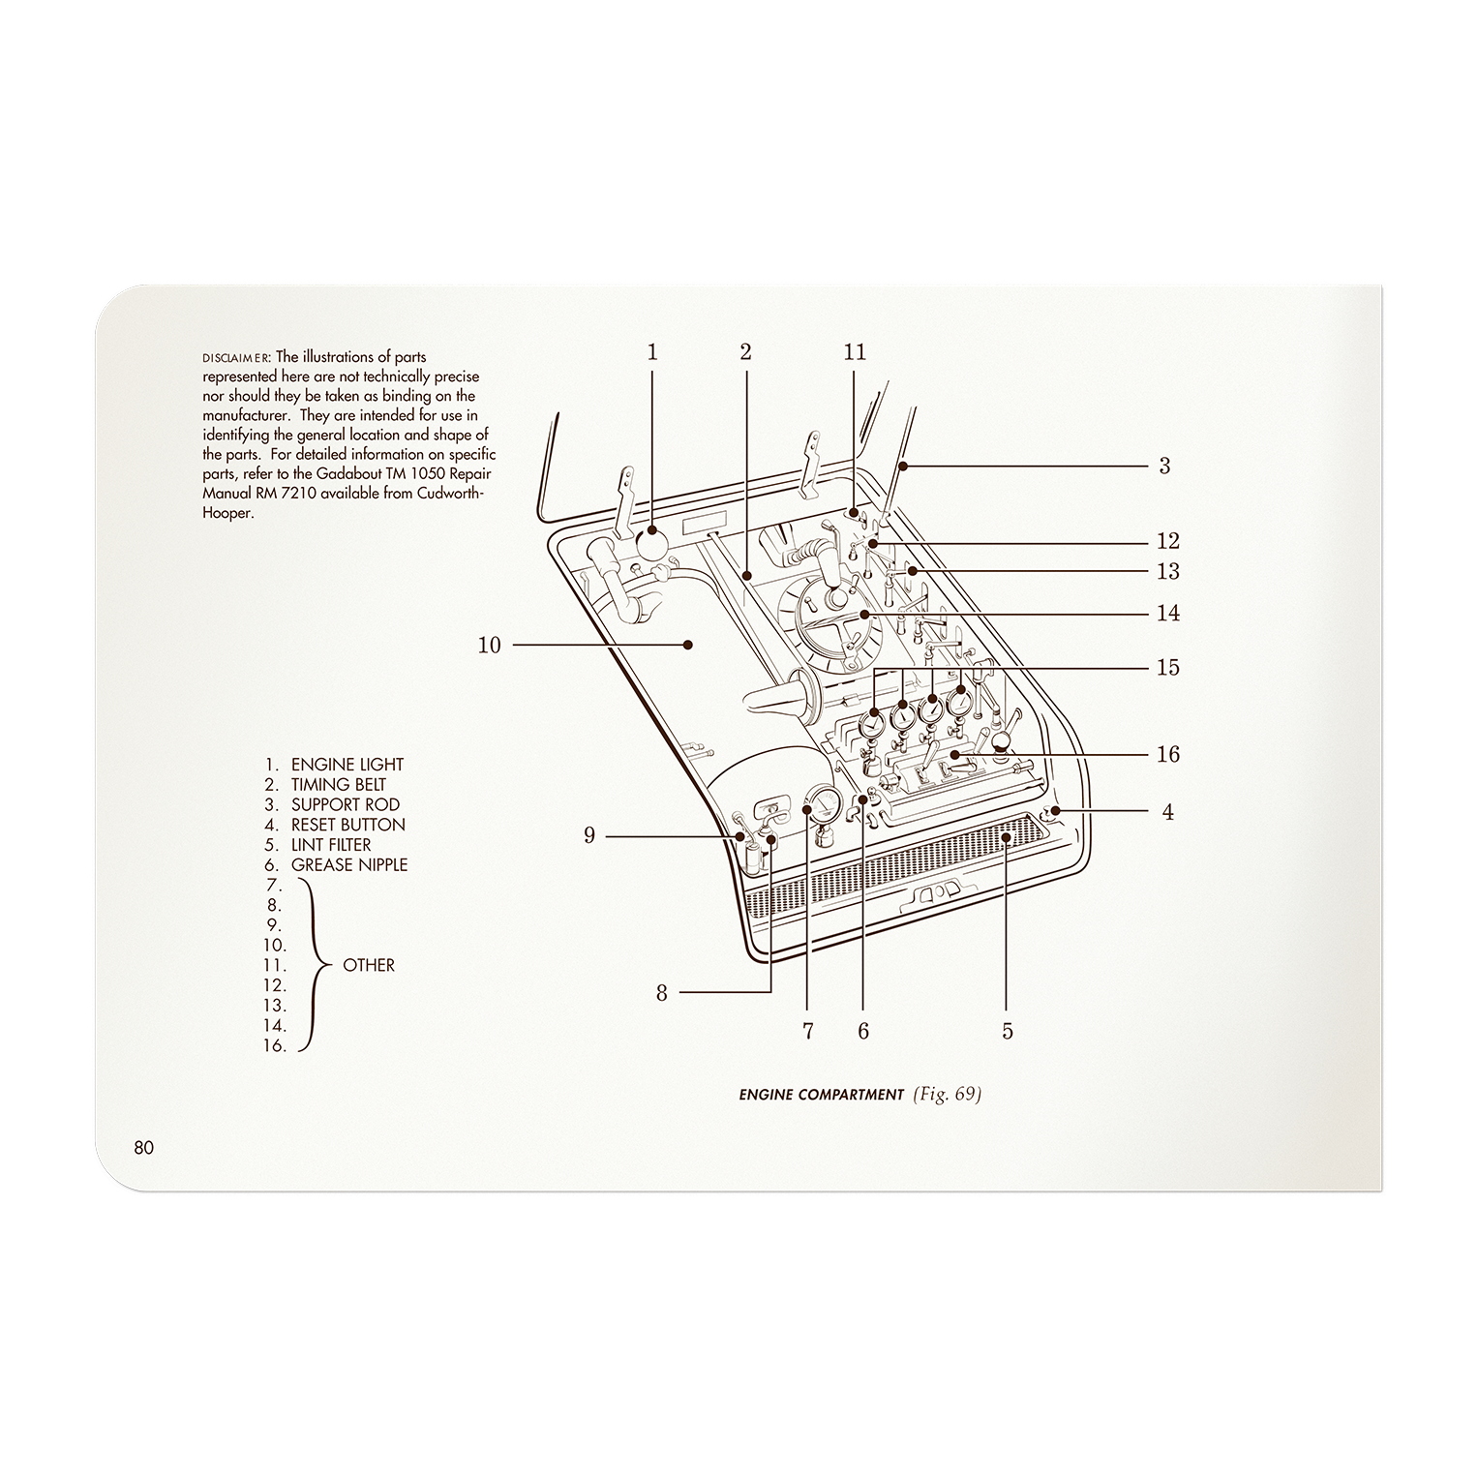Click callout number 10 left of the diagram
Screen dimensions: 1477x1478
490,645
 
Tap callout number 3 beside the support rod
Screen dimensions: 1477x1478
1164,466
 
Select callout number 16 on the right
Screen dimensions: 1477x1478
1168,754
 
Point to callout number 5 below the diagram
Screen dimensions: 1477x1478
1008,1031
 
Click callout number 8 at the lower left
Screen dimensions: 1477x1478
662,993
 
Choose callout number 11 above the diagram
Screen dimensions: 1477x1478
855,352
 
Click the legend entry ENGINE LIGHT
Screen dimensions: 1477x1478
347,765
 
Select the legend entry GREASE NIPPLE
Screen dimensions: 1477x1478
348,865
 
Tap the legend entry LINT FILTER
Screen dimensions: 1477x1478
331,845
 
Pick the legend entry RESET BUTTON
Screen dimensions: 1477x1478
347,825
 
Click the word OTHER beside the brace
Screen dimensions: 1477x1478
369,965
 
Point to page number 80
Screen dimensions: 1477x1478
144,1148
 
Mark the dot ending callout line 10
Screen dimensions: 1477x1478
689,645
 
